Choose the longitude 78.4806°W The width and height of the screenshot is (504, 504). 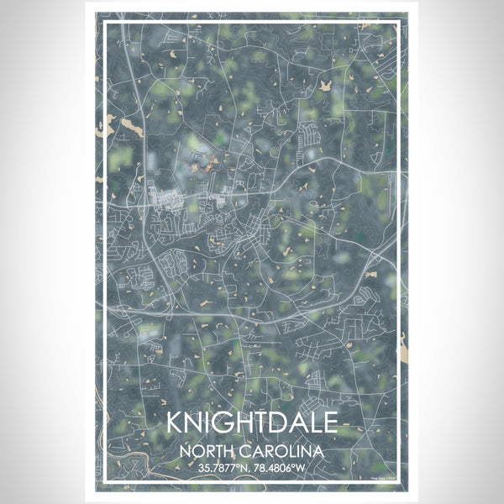coord(283,467)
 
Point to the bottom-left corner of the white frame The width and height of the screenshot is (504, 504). coord(104,482)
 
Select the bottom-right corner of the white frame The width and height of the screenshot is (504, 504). coord(399,482)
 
